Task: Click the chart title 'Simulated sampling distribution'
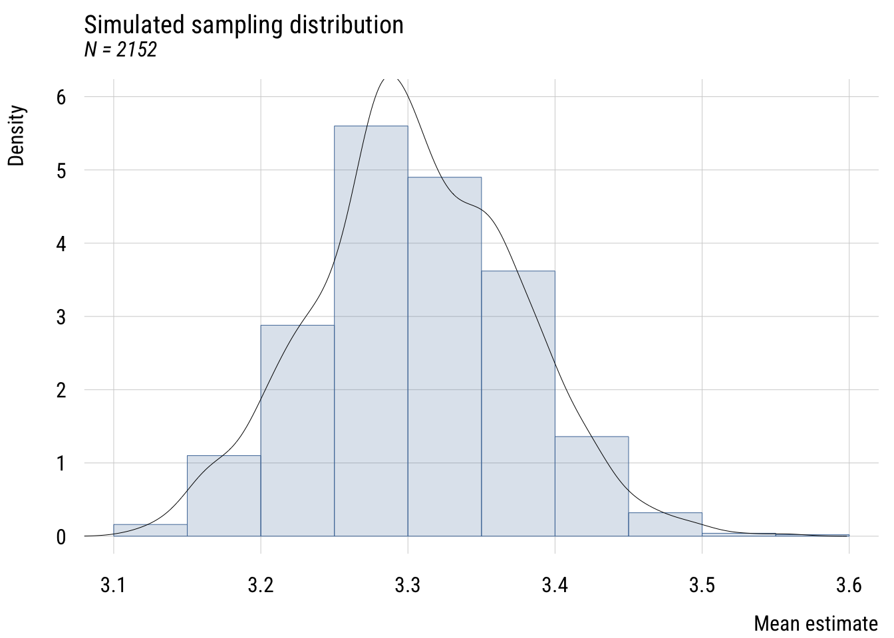(x=243, y=25)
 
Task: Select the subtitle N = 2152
(x=120, y=50)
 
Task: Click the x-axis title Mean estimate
(x=816, y=624)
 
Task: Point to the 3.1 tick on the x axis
(x=114, y=585)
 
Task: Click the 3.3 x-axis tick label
(x=408, y=585)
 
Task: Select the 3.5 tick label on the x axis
(x=702, y=585)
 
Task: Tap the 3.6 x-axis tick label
(x=849, y=585)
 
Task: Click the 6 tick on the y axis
(x=61, y=97)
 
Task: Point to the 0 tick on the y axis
(x=61, y=536)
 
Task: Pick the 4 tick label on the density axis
(x=61, y=244)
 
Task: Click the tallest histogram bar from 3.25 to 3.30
(x=371, y=332)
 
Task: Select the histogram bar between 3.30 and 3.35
(x=444, y=359)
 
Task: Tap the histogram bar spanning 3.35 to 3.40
(x=518, y=405)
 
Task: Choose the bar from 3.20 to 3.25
(x=297, y=432)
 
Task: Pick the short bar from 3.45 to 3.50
(x=665, y=524)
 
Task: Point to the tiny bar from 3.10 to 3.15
(x=150, y=530)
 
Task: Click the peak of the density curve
(x=391, y=79)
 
